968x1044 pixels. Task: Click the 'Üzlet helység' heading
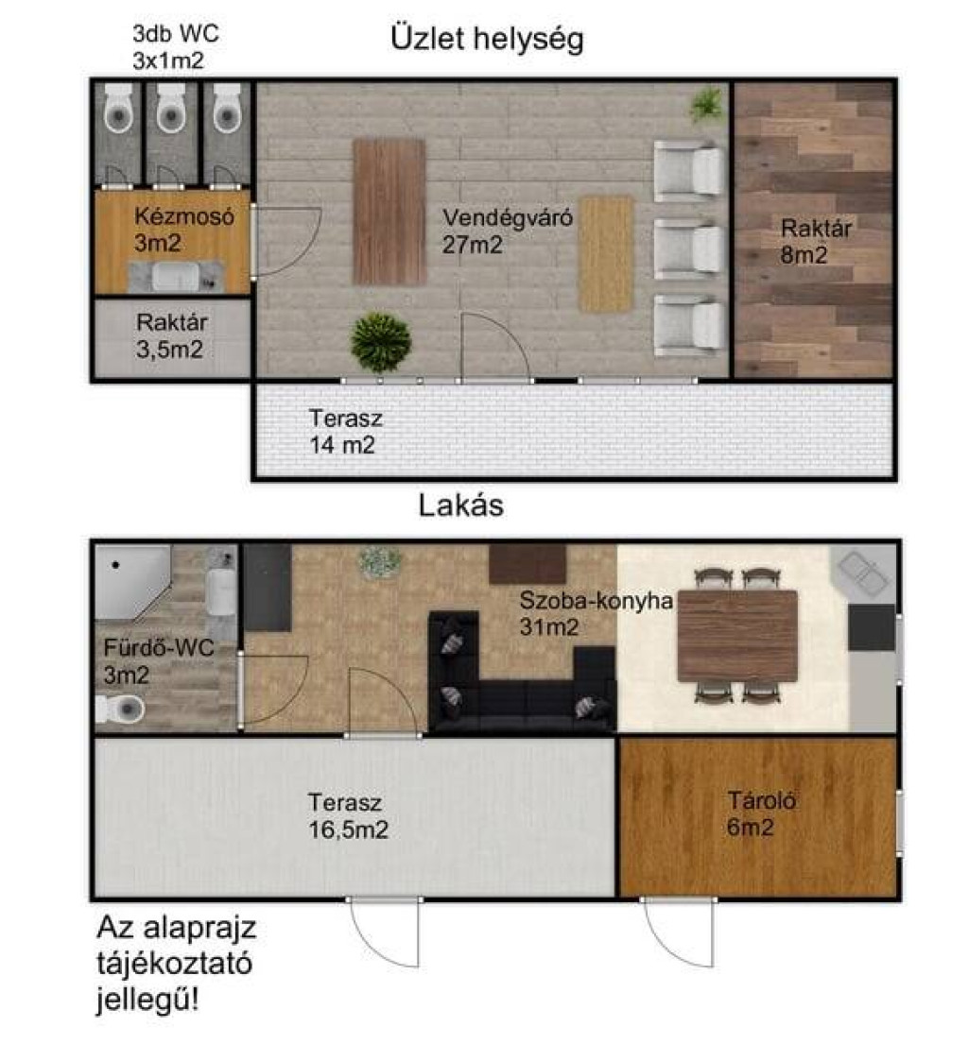[487, 39]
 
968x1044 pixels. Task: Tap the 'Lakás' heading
[461, 505]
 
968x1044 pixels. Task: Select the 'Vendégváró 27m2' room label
[508, 231]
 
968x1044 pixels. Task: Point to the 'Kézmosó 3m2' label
[184, 229]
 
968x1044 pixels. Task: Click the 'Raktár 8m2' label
[816, 241]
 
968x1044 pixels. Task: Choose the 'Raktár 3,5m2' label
[171, 335]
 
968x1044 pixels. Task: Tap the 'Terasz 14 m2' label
[345, 432]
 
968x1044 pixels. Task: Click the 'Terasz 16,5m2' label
[348, 815]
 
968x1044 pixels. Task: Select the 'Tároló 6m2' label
[761, 813]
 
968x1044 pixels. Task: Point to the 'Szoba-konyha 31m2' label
[596, 613]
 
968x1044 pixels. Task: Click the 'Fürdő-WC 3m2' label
[159, 661]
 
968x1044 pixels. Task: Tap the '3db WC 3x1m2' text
[175, 46]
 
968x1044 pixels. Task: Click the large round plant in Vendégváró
[380, 342]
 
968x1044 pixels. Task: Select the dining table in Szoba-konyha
[736, 635]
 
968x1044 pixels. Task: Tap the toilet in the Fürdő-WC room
[120, 710]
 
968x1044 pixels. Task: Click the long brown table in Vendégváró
[389, 212]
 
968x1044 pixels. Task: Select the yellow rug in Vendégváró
[606, 253]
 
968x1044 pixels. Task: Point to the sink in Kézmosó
[175, 277]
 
